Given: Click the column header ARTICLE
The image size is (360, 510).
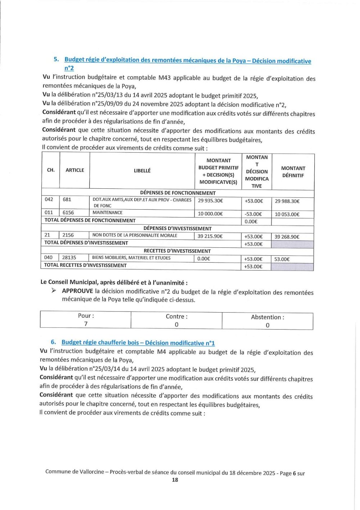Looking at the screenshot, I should (75, 170).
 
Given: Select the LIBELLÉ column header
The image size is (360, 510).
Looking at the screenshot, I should (142, 171).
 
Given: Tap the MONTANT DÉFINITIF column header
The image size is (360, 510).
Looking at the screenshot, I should (293, 172).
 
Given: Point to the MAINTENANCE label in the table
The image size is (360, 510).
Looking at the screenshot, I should (107, 212).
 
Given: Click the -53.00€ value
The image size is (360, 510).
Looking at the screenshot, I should (253, 214).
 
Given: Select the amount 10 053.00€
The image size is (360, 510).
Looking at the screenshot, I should (287, 214).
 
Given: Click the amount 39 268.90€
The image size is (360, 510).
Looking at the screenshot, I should (287, 237).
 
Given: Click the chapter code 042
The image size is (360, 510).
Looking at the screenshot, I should (49, 199).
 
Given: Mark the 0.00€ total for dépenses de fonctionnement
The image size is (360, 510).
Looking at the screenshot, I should (251, 222).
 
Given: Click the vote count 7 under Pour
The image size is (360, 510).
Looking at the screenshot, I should (86, 324).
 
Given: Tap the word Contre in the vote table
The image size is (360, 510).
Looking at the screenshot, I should (176, 317).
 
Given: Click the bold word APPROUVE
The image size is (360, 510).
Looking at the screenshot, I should (77, 291).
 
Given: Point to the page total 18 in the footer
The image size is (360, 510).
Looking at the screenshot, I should (175, 480).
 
